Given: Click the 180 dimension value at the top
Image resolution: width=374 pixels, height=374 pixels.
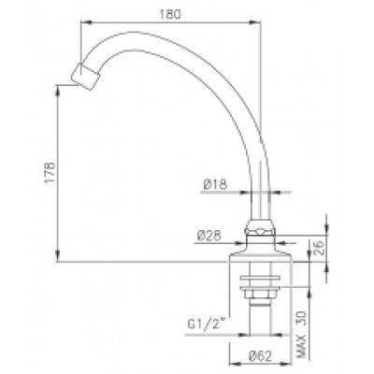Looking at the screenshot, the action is (170, 14).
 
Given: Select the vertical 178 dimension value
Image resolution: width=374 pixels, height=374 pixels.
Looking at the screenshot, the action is (50, 172).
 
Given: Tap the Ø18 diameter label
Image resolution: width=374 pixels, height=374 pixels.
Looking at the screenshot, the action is (216, 184).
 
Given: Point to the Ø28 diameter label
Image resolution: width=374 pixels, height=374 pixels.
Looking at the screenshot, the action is (209, 236).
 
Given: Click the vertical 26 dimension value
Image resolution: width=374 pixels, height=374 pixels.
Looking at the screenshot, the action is (319, 248).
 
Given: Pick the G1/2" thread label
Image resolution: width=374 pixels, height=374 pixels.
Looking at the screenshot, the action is (206, 324).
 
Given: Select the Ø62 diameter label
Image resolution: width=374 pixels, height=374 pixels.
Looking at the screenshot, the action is (261, 356).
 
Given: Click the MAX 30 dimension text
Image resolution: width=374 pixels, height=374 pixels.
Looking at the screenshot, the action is (302, 335).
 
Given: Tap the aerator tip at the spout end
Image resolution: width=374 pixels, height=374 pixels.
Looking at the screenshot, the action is (84, 77).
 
